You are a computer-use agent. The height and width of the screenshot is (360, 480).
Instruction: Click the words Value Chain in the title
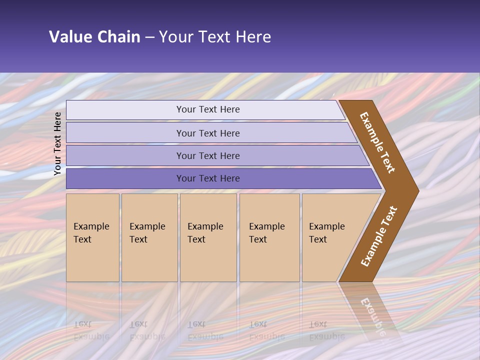point(94,37)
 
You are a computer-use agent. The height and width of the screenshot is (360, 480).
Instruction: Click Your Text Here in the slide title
point(215,37)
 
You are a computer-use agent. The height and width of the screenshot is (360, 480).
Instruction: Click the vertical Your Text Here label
point(57,143)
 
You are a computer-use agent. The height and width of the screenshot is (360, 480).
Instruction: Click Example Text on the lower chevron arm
point(379,236)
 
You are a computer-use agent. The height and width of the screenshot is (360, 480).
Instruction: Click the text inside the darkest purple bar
point(208,178)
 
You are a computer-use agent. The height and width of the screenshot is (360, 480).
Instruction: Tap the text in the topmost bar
point(208,109)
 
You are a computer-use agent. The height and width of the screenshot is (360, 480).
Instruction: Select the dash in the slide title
point(149,37)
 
